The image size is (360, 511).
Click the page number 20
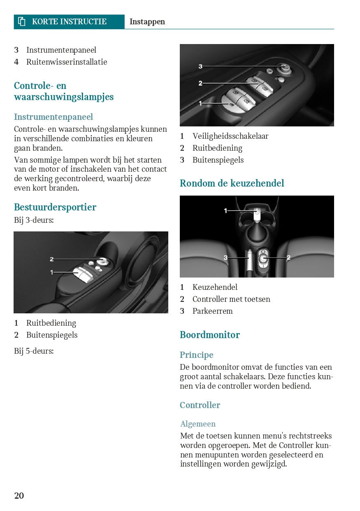[19, 495]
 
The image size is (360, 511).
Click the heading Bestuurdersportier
[55, 207]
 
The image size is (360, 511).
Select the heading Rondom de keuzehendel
[232, 183]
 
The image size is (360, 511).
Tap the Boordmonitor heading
[209, 335]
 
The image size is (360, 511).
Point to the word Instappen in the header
[147, 22]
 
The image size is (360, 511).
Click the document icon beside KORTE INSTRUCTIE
[22, 22]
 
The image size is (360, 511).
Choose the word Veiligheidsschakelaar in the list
[230, 136]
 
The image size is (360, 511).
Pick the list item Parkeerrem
[212, 311]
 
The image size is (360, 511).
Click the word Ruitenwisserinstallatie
[67, 62]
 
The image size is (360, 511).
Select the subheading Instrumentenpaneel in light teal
[53, 117]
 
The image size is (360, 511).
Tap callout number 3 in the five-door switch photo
[200, 66]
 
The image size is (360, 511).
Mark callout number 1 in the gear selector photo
[225, 211]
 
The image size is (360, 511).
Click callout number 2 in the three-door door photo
[52, 259]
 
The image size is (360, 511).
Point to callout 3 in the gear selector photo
[225, 258]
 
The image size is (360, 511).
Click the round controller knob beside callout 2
[263, 258]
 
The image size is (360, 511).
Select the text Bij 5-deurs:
[34, 351]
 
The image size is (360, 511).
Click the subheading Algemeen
[197, 424]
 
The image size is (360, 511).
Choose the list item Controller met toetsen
[231, 299]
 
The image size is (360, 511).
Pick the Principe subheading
[196, 355]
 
